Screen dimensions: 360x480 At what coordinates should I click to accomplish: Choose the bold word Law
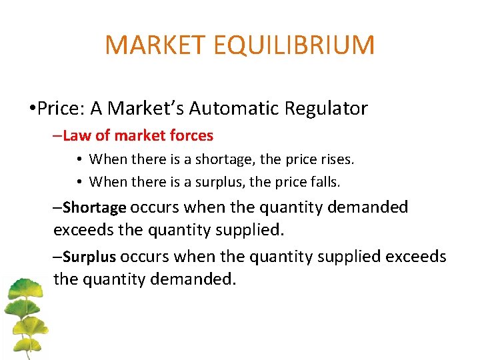[77, 136]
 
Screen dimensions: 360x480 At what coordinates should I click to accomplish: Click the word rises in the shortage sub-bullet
[336, 159]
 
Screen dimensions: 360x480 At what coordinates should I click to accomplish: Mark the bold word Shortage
[94, 208]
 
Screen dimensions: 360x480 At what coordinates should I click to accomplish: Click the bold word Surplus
[89, 257]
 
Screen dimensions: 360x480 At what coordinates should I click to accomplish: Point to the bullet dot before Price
[32, 109]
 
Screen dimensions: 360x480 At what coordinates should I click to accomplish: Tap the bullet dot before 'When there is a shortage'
[79, 160]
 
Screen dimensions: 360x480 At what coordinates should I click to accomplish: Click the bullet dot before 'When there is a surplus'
[79, 182]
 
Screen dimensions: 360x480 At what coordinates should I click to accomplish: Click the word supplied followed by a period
[248, 230]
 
